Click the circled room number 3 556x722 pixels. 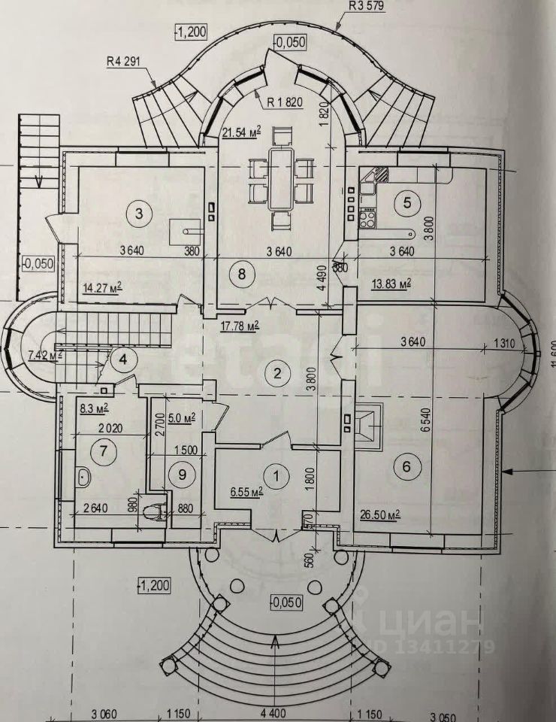click(x=138, y=214)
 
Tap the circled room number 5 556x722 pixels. click(x=407, y=202)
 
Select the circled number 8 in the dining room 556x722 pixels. click(x=241, y=274)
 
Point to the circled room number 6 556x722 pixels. click(x=406, y=467)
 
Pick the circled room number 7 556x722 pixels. click(x=100, y=452)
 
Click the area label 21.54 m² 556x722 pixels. click(x=241, y=133)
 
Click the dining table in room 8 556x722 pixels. click(x=280, y=178)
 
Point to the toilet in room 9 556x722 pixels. click(x=154, y=512)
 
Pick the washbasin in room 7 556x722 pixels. click(x=83, y=477)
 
